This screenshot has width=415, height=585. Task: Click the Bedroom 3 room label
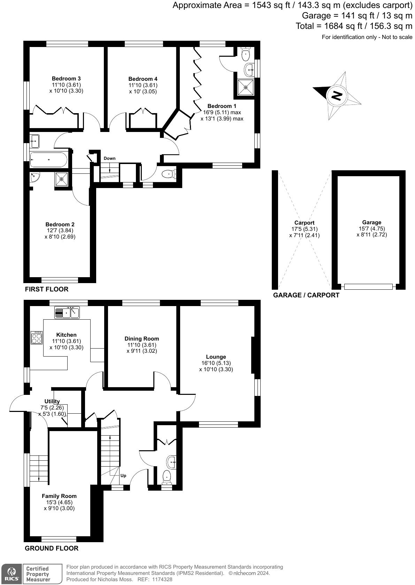[x=66, y=79]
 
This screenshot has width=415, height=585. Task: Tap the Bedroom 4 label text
[x=143, y=79]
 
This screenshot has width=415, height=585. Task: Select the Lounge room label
[x=216, y=357]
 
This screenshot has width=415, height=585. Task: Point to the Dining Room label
[x=142, y=339]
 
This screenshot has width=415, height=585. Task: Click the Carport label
[x=304, y=223]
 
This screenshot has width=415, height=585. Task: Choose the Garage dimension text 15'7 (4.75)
[x=371, y=229]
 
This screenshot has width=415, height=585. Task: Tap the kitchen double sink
[x=67, y=312]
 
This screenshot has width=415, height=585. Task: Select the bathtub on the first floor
[x=48, y=160]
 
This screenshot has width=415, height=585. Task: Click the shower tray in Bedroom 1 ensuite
[x=246, y=87]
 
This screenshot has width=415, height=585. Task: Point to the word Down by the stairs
[x=109, y=158]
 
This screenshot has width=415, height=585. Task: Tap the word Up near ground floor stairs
[x=123, y=476]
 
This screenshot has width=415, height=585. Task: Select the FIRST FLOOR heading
[x=46, y=289]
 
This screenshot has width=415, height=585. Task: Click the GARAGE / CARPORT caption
[x=306, y=295]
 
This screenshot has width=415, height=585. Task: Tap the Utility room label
[x=52, y=401]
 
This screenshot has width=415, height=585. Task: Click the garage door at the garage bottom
[x=368, y=287]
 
